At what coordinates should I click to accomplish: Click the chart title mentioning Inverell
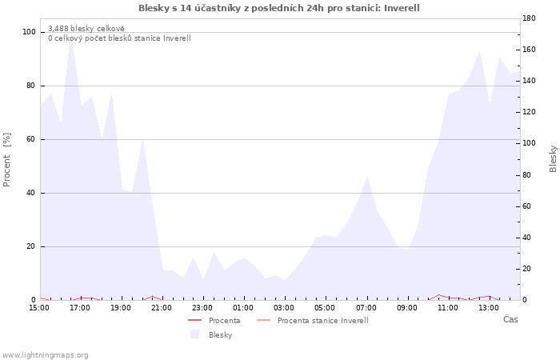279,8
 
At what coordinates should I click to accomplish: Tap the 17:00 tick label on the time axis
80,308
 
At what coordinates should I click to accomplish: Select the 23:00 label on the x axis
202,308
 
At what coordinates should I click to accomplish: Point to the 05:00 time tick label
325,308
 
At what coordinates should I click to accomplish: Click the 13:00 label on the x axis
489,308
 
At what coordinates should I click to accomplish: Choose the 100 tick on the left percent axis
29,32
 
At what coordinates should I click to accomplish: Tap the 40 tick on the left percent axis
30,193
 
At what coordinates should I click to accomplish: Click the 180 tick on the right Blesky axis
529,18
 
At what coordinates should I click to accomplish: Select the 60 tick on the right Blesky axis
526,206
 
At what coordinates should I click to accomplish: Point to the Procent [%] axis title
6,160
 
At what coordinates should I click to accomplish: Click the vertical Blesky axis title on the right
553,158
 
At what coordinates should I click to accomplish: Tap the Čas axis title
510,319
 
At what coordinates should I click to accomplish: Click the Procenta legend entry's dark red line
195,320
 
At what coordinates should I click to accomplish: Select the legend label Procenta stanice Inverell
323,321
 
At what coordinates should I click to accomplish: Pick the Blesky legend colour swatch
194,334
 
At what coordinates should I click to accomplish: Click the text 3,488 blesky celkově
86,29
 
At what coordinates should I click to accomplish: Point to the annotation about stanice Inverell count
119,38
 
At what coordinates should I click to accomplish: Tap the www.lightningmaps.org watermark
45,355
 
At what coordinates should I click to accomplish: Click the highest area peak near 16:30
70,39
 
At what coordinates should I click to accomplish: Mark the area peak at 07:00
367,176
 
